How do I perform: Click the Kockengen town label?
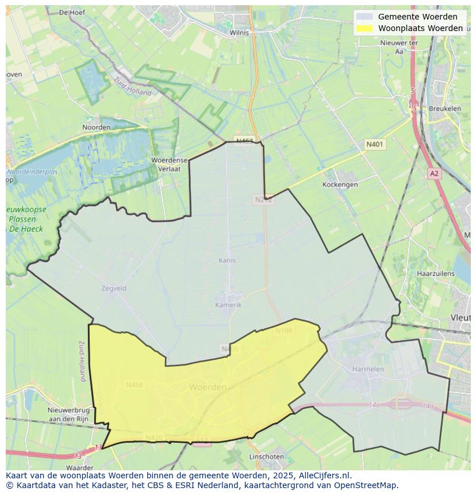340,185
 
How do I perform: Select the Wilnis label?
239,33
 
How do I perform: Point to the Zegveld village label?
113,289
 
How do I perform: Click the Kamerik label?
228,305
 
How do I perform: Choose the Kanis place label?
227,260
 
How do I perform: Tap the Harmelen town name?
368,369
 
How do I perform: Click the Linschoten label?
266,456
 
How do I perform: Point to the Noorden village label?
96,127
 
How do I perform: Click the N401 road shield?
375,145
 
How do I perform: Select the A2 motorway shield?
434,173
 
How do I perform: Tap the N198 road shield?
284,331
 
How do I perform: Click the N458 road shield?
135,385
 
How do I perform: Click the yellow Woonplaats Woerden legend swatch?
364,28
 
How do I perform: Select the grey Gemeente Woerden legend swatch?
364,17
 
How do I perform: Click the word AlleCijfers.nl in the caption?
324,476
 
